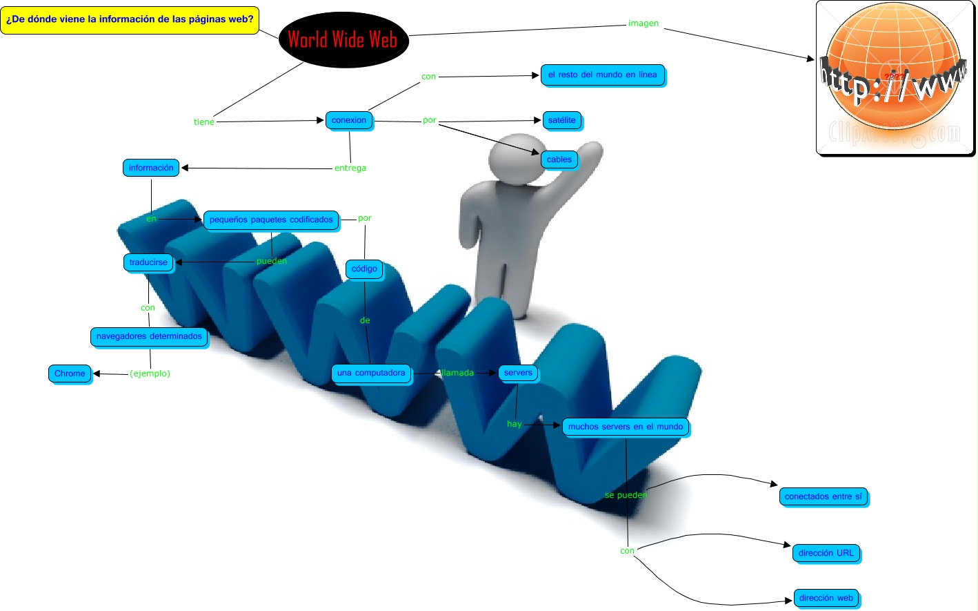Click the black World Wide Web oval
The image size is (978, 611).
(343, 39)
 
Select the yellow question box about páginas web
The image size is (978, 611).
(130, 19)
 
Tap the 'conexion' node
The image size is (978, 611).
(349, 120)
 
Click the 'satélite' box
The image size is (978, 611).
(561, 120)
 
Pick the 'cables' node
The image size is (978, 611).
(559, 159)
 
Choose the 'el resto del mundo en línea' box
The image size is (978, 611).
(602, 75)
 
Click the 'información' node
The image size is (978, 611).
(151, 168)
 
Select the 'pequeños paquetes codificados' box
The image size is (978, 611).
(271, 220)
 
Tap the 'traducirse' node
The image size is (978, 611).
(148, 262)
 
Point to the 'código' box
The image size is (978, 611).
(364, 269)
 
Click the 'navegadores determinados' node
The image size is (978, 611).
(149, 336)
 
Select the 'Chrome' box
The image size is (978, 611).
(70, 374)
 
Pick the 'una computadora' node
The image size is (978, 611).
(371, 373)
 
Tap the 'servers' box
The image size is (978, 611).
(518, 373)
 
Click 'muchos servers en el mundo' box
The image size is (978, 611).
(626, 427)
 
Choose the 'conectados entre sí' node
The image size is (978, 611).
(824, 496)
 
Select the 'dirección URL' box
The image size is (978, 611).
(826, 553)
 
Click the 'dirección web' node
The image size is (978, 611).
(826, 598)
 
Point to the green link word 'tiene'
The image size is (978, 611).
(204, 122)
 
